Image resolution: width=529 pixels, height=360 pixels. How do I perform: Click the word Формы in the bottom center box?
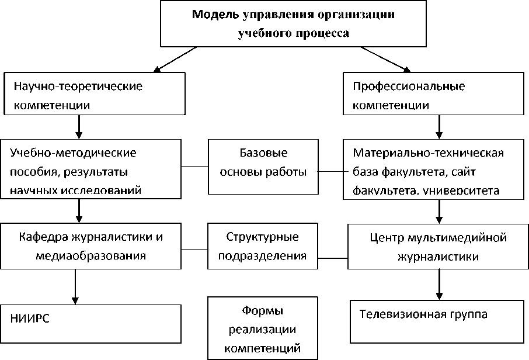tap(263, 310)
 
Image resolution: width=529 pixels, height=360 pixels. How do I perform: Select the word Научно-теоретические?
tap(78, 86)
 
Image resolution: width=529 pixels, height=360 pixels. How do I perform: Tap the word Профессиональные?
tap(409, 86)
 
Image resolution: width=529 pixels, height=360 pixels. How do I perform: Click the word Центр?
tap(387, 238)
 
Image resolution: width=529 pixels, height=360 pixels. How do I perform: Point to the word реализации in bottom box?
tap(263, 330)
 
